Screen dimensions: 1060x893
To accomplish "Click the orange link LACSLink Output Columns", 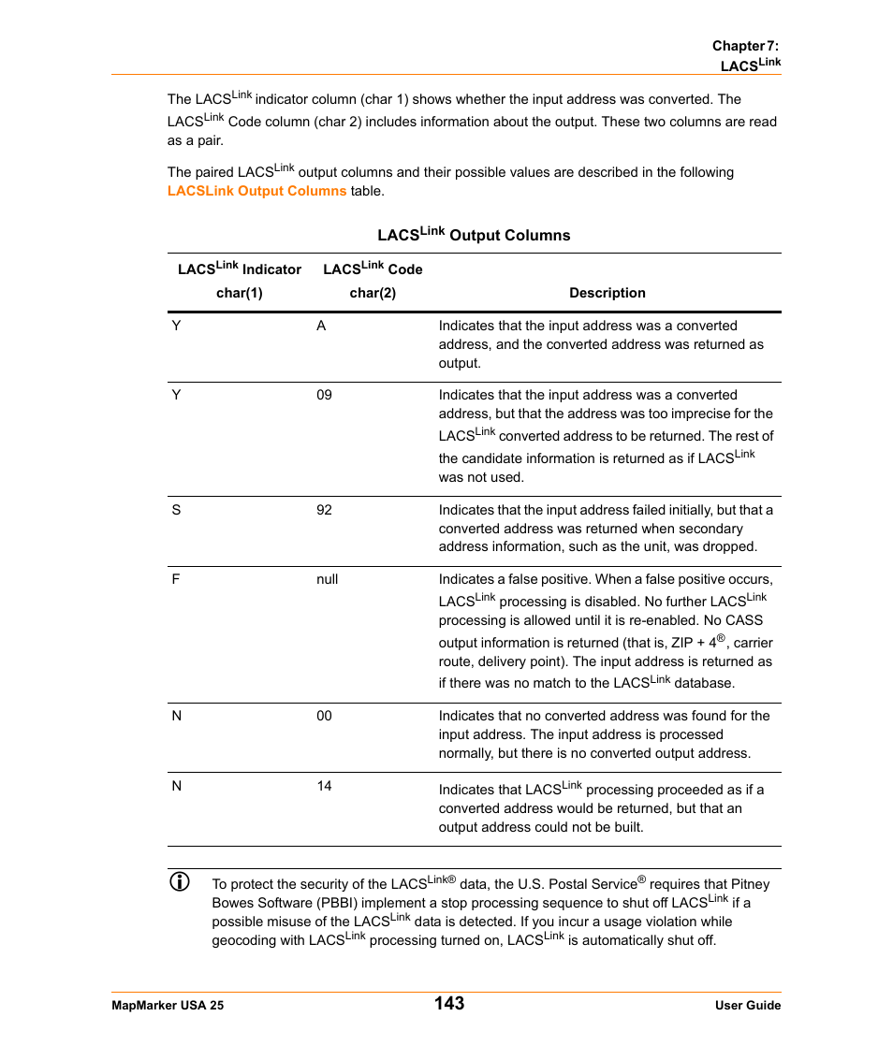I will click(256, 191).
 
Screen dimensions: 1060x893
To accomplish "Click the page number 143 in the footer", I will click(448, 1003).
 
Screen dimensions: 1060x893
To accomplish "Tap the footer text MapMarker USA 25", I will click(168, 1006).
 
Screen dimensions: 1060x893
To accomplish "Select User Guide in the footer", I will click(747, 1006).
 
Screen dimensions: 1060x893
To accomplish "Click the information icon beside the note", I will click(179, 881).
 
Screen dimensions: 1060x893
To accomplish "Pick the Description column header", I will click(607, 293).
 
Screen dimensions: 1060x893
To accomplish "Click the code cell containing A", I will click(321, 327).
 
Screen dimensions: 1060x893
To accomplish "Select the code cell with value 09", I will click(324, 396).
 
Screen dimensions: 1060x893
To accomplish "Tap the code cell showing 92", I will click(324, 511).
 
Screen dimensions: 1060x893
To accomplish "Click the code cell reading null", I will click(327, 580).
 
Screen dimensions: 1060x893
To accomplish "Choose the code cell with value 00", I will click(324, 717).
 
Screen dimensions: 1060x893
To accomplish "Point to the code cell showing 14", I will click(324, 786).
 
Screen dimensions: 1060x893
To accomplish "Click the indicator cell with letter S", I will click(176, 511).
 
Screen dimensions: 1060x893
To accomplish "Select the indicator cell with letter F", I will click(175, 580).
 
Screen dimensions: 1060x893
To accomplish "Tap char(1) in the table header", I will click(239, 293).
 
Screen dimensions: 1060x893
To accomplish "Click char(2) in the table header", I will click(373, 293).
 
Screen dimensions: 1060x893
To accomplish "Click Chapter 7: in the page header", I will click(745, 46).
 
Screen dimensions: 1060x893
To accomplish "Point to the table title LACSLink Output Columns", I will click(474, 235).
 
